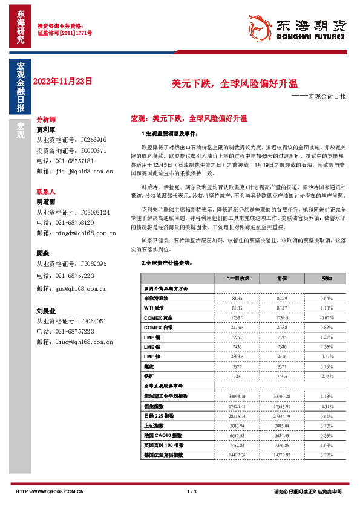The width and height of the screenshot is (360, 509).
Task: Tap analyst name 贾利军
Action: (x=46, y=129)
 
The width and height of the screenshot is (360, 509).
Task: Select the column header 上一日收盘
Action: (x=237, y=279)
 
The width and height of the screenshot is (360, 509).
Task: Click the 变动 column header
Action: (x=327, y=279)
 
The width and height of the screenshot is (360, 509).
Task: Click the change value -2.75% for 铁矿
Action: (x=327, y=375)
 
